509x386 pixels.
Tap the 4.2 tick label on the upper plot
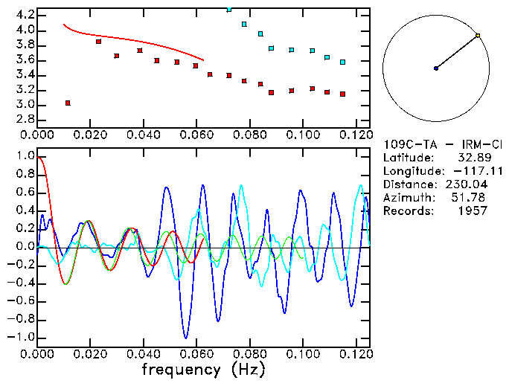(x=24, y=15)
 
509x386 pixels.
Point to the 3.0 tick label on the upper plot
(x=24, y=105)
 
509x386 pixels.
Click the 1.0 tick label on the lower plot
(x=24, y=157)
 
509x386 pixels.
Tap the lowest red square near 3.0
(x=68, y=103)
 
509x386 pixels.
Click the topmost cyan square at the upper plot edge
(x=228, y=10)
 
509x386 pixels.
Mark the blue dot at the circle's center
(x=436, y=68)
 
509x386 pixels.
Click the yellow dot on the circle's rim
(x=478, y=35)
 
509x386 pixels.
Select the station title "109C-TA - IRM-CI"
(x=443, y=144)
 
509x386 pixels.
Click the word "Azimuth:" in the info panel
(x=406, y=198)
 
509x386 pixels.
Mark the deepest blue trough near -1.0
(x=185, y=338)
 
